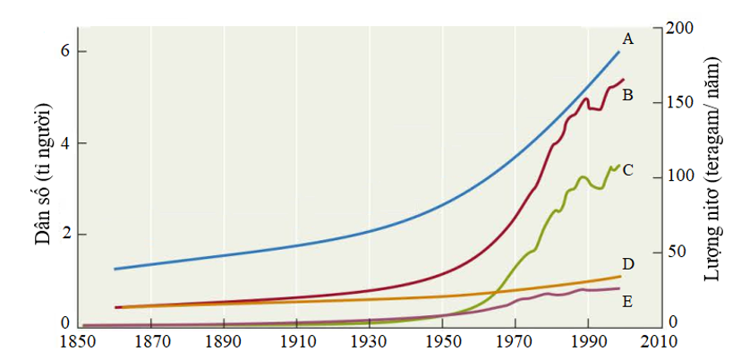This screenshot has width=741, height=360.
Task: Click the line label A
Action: pyautogui.click(x=627, y=39)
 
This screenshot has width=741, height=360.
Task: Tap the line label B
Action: pyautogui.click(x=627, y=94)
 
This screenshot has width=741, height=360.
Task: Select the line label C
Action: pyautogui.click(x=627, y=169)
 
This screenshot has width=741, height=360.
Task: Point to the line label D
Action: pyautogui.click(x=627, y=264)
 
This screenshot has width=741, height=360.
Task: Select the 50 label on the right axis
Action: pyautogui.click(x=680, y=251)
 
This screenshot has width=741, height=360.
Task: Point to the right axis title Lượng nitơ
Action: pyautogui.click(x=713, y=170)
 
